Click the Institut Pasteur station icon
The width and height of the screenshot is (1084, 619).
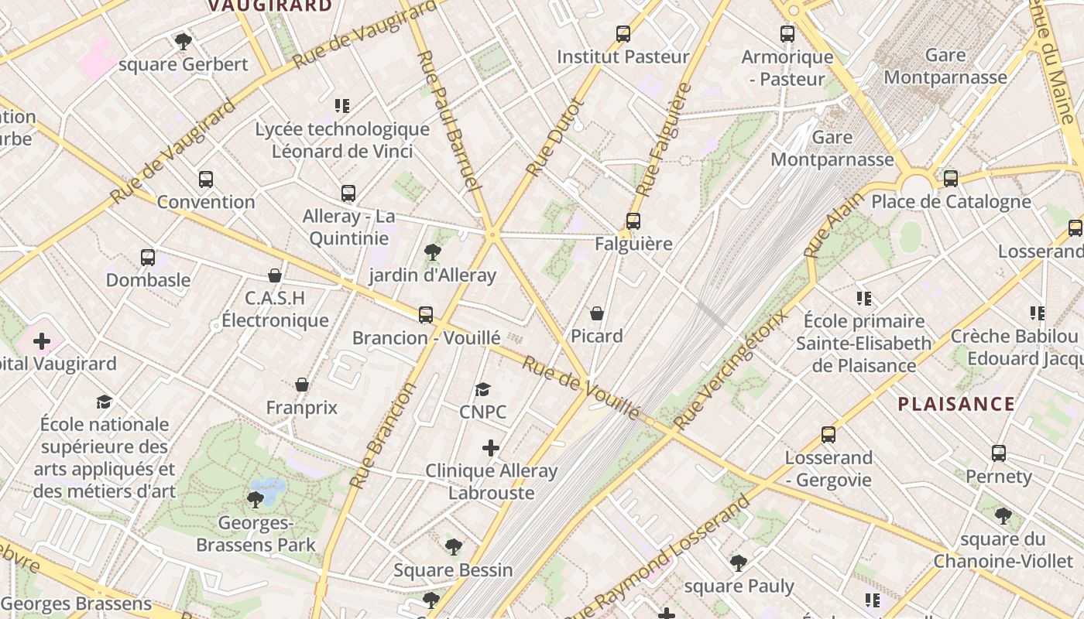(623, 34)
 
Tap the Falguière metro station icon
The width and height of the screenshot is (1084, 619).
(633, 221)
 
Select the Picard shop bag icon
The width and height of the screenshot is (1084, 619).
(597, 313)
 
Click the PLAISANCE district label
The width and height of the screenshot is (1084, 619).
(956, 404)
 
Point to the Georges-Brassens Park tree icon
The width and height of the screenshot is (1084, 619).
(255, 500)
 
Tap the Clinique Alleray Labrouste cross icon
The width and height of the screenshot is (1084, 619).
(491, 448)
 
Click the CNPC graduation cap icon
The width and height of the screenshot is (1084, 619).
(483, 389)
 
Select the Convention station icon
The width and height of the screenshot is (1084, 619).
(206, 180)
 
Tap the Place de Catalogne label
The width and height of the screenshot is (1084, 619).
(951, 202)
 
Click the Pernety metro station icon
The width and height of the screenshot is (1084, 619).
(999, 453)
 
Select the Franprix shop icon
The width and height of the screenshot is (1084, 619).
(302, 385)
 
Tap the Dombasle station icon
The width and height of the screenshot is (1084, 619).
(148, 258)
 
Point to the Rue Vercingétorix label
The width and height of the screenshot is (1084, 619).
(729, 370)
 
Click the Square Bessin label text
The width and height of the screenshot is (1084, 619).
(453, 570)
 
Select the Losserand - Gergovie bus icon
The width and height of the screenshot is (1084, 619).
(828, 435)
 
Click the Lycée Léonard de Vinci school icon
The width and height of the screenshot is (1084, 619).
(342, 106)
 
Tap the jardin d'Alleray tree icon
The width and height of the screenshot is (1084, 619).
(432, 252)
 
